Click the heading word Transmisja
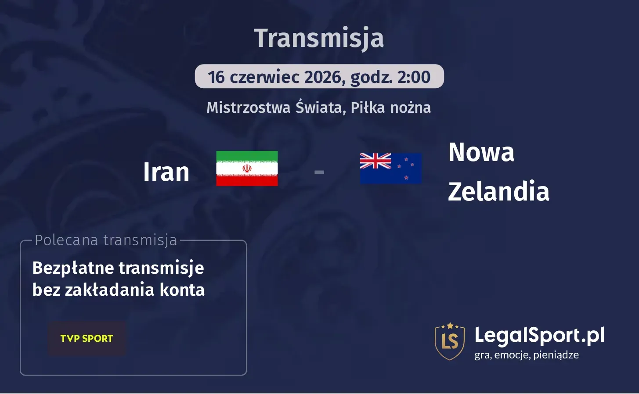coord(319,39)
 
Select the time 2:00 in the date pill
coord(414,77)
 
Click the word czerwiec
coord(264,77)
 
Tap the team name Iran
coord(166,172)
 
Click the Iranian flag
coord(247,168)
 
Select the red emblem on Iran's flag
coord(247,168)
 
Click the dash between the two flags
coord(319,172)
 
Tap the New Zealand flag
coord(390,168)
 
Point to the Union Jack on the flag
coord(375,161)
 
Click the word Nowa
coord(481,153)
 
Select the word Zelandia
coord(498,192)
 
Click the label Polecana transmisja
coord(106,240)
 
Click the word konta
coord(182,290)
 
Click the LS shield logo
coord(449,341)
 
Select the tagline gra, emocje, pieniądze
coord(526,355)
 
